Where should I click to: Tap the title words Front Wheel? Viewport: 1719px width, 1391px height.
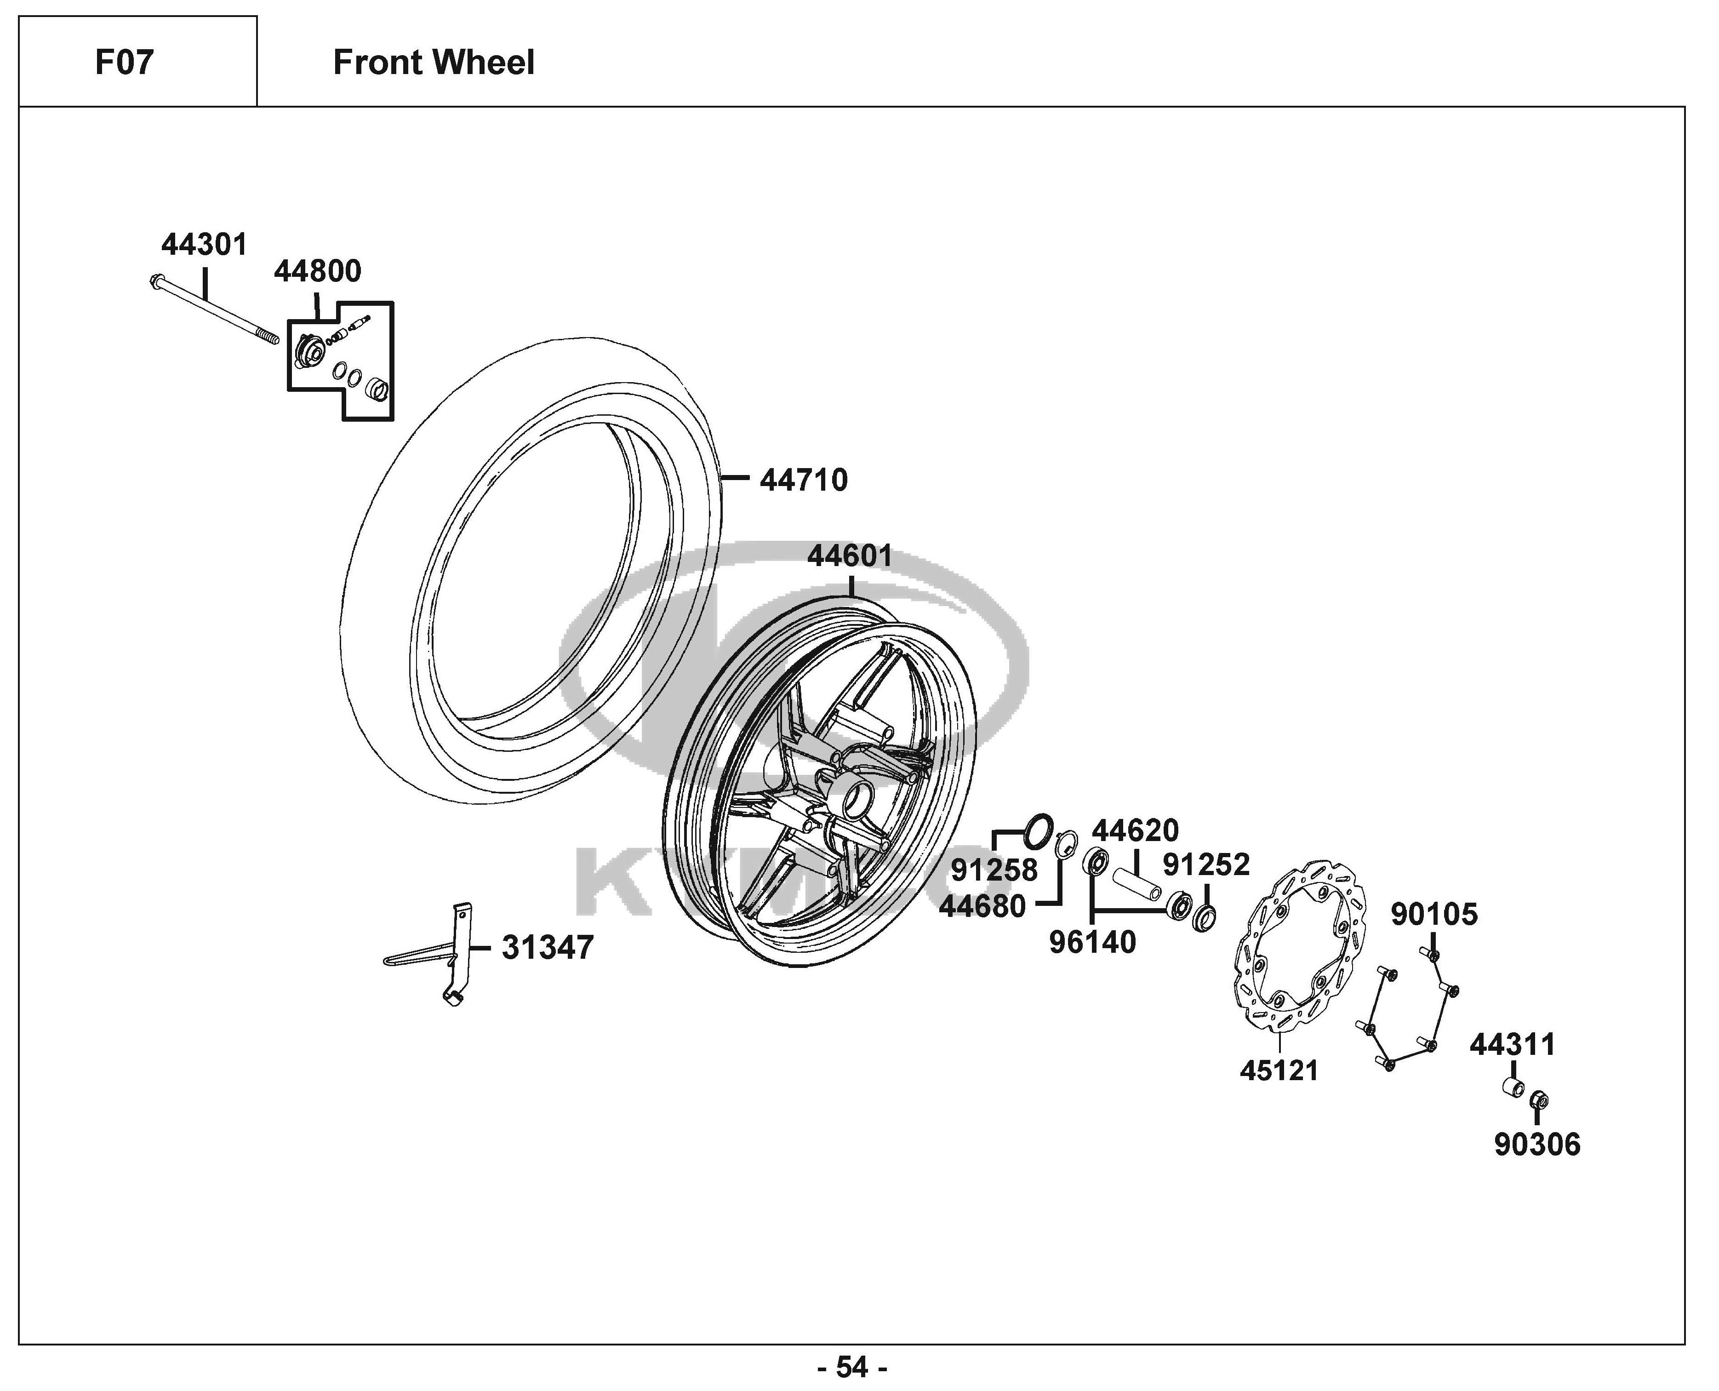[434, 63]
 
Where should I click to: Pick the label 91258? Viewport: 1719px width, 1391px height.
[994, 870]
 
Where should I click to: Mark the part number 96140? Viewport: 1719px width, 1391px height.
[1093, 942]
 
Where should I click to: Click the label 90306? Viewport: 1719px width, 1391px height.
[1537, 1145]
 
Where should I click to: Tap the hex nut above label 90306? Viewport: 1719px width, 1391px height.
[1538, 1100]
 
